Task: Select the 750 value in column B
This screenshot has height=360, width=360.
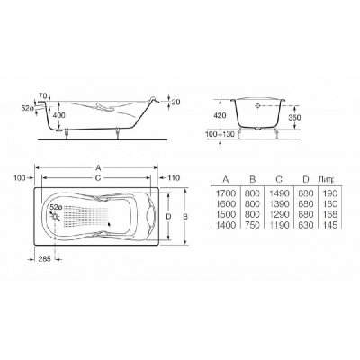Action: pos(252,225)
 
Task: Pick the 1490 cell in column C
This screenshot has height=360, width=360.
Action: pos(279,193)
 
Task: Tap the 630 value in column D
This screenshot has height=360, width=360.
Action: pos(305,225)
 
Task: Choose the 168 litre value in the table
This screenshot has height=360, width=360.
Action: pos(330,214)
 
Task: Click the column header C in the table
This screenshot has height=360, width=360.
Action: pos(279,179)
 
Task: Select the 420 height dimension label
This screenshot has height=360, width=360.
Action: pos(220,116)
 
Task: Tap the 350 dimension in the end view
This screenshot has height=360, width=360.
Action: pos(295,118)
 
